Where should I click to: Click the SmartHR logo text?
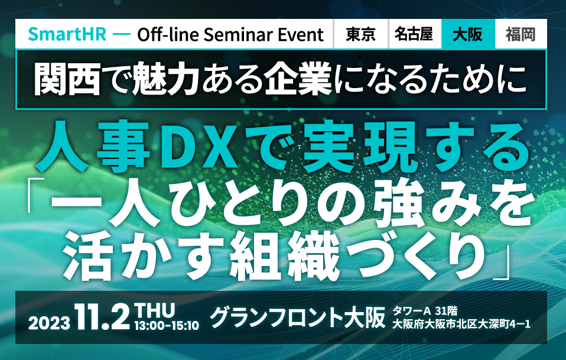click(67, 34)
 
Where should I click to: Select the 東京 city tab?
click(360, 34)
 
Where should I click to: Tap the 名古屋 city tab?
click(414, 34)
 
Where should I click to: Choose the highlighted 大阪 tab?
click(468, 34)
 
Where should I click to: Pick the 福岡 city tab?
click(521, 34)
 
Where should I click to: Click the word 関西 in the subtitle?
click(67, 79)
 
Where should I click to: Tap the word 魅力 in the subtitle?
click(167, 79)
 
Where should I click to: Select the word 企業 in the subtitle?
click(298, 79)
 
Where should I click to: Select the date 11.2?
click(103, 317)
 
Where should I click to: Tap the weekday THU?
click(154, 310)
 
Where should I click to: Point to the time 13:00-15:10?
click(167, 326)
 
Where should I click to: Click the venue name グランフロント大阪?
click(297, 317)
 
